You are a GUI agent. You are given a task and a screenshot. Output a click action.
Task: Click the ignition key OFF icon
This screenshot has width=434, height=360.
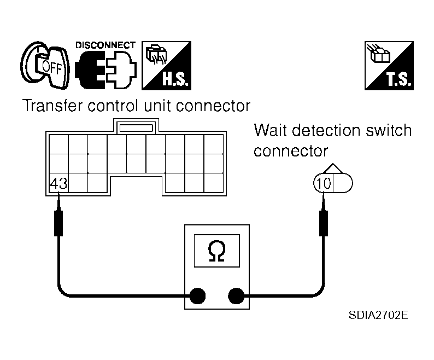[45, 66]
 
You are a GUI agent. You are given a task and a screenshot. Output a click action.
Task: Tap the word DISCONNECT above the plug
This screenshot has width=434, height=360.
[105, 45]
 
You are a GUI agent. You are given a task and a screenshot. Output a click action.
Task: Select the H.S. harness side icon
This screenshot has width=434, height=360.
[166, 66]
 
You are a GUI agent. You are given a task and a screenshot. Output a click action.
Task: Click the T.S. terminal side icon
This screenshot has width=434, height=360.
[389, 66]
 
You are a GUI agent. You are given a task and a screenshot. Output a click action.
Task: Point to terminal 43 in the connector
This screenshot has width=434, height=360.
[58, 183]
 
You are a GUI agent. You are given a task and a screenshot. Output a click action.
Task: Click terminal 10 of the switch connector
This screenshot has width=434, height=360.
[323, 183]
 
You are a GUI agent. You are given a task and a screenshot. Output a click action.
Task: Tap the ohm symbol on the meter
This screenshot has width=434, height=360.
[216, 251]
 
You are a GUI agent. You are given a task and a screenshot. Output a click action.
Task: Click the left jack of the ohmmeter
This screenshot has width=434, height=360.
[197, 296]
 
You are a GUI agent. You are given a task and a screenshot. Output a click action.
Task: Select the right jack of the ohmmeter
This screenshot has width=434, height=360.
[236, 296]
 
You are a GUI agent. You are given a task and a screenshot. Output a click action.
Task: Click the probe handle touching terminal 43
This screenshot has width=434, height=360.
[58, 223]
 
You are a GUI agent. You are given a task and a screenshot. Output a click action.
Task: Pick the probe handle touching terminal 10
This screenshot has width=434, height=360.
[324, 223]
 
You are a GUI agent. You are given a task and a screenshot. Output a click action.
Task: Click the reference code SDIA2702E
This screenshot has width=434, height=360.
[378, 315]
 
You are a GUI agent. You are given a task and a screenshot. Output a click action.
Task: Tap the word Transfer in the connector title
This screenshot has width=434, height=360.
[52, 106]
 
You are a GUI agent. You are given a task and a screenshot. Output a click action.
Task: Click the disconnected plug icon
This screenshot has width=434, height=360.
[105, 69]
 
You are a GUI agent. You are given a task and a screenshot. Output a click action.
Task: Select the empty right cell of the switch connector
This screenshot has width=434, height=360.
[343, 183]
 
